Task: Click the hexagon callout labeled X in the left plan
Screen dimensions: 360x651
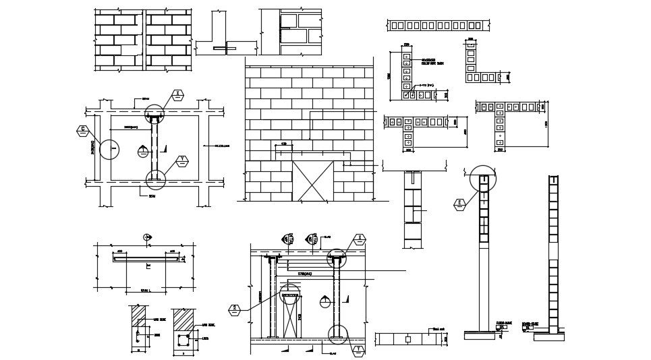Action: tap(178, 94)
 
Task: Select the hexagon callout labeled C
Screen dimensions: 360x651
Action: tap(83, 129)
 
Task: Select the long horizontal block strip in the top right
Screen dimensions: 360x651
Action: tap(438, 26)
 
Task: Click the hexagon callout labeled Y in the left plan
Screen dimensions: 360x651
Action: tap(181, 160)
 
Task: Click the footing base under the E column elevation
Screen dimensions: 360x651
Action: tap(483, 334)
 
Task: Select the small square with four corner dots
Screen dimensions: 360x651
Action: tap(182, 341)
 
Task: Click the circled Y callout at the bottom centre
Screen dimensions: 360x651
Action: tap(358, 349)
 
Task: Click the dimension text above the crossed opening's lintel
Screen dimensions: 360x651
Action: tap(283, 144)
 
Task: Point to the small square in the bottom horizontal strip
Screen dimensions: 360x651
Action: tap(409, 339)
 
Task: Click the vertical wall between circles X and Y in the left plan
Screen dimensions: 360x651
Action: tap(154, 148)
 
